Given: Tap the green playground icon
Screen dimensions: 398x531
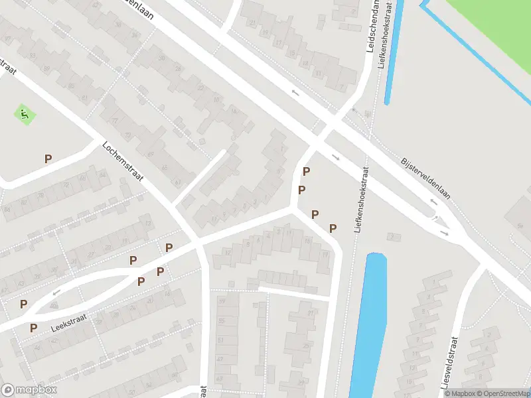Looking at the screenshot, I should [x=25, y=114].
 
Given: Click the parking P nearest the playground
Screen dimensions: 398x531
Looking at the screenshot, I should [x=48, y=159].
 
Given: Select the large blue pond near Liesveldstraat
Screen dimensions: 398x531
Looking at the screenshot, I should [x=369, y=325].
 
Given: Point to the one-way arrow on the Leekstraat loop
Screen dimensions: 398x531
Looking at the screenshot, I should [x=56, y=291].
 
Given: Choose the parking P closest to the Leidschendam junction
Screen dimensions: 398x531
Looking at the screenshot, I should [x=306, y=172].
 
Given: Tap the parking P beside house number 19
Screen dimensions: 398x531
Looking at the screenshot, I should [x=333, y=228].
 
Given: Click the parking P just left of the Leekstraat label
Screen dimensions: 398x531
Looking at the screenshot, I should [x=33, y=328].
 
